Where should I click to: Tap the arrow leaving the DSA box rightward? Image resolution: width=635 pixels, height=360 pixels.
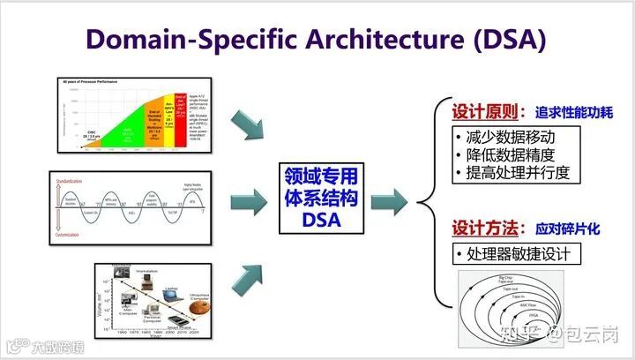[x=388, y=201]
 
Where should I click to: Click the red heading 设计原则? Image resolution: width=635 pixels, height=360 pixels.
[x=480, y=114]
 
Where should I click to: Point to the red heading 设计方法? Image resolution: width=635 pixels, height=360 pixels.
[x=480, y=228]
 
